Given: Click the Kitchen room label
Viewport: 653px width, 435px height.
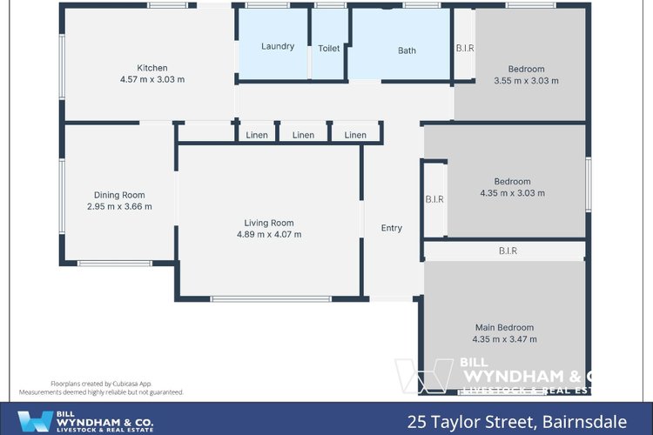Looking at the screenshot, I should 151,68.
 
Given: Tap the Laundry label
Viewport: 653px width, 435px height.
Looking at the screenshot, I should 278,47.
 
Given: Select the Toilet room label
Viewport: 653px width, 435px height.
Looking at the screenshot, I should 329,49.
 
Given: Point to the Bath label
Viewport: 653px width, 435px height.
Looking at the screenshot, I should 407,50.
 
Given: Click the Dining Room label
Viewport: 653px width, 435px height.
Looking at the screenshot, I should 119,195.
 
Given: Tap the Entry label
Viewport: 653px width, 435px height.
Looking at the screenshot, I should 392,228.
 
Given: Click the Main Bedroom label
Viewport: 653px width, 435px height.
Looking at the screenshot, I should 504,327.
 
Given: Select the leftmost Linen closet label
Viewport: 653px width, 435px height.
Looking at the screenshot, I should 257,135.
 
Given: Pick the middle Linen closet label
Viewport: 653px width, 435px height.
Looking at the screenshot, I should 303,135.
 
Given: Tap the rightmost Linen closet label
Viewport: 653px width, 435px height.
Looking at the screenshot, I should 355,135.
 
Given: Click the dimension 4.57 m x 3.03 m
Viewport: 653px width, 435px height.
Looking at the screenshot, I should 151,80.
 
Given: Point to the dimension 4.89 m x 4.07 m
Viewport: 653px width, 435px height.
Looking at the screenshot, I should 269,234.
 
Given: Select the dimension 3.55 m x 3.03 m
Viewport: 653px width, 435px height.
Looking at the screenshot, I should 526,81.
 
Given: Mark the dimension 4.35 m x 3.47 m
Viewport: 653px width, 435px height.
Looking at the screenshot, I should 504,339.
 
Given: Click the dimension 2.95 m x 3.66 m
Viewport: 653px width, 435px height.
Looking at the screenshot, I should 119,207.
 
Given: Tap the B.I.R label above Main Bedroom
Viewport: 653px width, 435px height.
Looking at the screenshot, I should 508,251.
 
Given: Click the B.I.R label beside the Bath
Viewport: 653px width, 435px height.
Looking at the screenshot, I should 465,49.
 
